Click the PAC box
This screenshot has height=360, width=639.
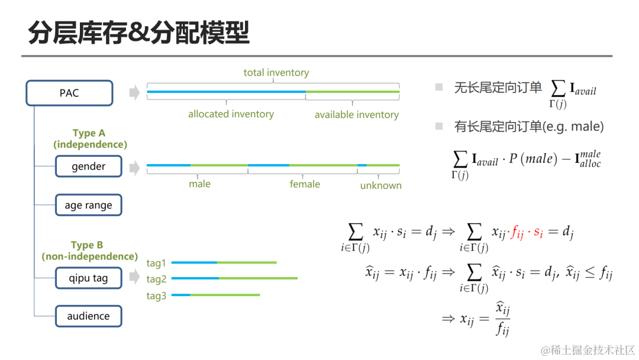tap(69, 93)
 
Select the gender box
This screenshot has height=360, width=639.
tap(88, 166)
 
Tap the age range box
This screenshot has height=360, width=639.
tap(88, 205)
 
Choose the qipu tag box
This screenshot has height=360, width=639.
tap(88, 278)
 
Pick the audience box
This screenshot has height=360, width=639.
tap(88, 316)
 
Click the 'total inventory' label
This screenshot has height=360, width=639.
tap(276, 73)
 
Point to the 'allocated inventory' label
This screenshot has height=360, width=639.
tap(231, 114)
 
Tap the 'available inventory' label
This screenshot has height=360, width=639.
tap(356, 114)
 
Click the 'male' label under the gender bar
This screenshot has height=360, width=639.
tap(199, 184)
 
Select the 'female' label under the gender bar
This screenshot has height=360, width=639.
tap(305, 184)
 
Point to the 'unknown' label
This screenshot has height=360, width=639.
tap(380, 185)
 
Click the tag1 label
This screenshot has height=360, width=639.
tap(156, 263)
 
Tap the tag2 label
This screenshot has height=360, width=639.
tap(156, 279)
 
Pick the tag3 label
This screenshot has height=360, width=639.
tap(156, 295)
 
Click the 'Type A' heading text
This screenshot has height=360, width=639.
tap(89, 133)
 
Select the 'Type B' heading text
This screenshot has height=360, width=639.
tap(87, 245)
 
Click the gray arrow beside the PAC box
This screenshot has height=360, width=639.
tap(134, 92)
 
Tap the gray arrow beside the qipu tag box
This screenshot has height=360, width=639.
tap(134, 277)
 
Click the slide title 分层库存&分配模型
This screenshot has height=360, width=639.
tap(138, 33)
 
